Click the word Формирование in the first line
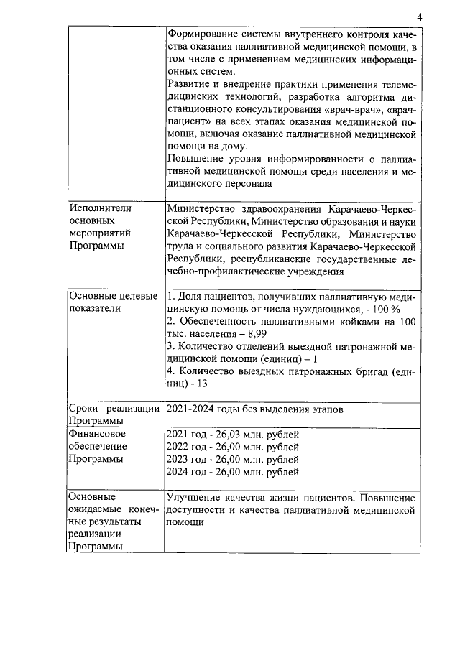[x=201, y=34]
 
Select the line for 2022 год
[x=231, y=447]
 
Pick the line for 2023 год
[x=231, y=460]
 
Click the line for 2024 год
[x=231, y=473]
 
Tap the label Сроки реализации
[x=114, y=409]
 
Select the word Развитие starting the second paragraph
[x=188, y=85]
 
